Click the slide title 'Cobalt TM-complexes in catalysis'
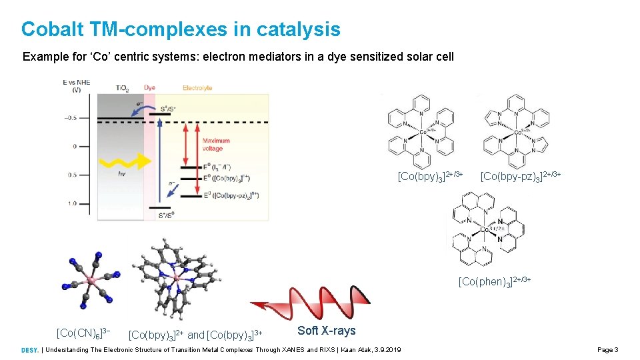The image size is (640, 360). (x=181, y=29)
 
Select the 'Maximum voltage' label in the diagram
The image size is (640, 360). (x=217, y=144)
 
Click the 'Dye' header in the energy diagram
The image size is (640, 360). (x=149, y=87)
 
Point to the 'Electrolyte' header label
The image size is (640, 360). (x=197, y=87)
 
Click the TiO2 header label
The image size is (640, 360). (x=123, y=87)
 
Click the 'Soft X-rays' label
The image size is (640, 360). (x=326, y=331)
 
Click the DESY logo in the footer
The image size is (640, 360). (x=29, y=350)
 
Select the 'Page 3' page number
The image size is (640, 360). (x=608, y=350)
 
